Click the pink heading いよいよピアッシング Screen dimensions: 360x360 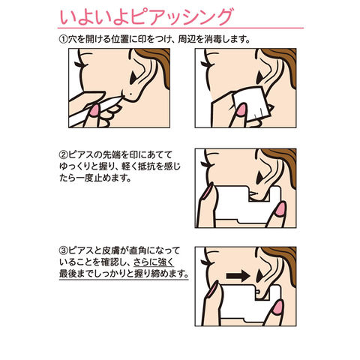(x=145, y=16)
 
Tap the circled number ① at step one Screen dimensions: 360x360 (x=62, y=39)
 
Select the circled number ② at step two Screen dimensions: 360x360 (x=62, y=155)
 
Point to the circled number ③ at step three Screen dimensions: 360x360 (x=62, y=250)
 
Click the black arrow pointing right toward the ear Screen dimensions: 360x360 (x=238, y=276)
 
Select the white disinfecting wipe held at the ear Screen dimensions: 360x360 (x=250, y=103)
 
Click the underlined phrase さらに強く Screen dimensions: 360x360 (x=153, y=262)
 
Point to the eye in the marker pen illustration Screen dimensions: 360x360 (x=80, y=64)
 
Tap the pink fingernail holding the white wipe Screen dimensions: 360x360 (x=241, y=109)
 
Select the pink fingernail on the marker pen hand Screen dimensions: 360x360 (x=94, y=110)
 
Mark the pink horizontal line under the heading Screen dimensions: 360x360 (x=181, y=28)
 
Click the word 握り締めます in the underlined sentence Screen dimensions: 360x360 (x=161, y=274)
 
